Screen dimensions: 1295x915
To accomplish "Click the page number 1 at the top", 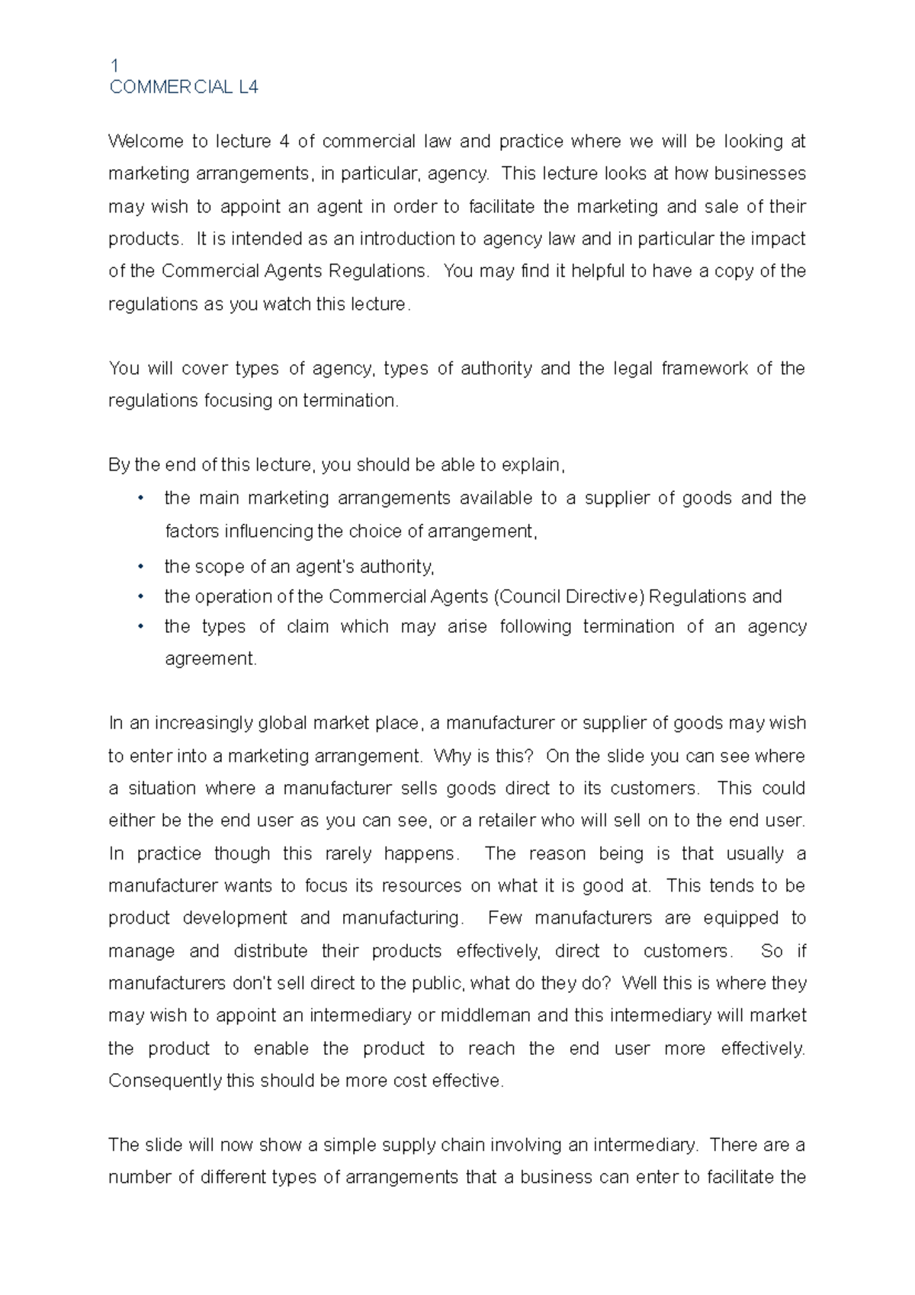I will tap(114, 66).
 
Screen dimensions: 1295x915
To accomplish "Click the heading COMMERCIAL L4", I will tap(184, 88).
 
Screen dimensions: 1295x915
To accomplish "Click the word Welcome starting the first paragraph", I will tap(146, 142).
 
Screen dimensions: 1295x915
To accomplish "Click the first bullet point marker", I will tap(140, 499).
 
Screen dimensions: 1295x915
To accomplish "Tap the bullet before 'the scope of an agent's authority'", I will tap(140, 567).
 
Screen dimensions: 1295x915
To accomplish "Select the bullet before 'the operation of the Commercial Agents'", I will tap(140, 596).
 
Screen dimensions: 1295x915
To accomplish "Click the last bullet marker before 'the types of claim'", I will tap(140, 627).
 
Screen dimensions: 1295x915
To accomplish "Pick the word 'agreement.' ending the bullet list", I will tap(211, 659).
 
